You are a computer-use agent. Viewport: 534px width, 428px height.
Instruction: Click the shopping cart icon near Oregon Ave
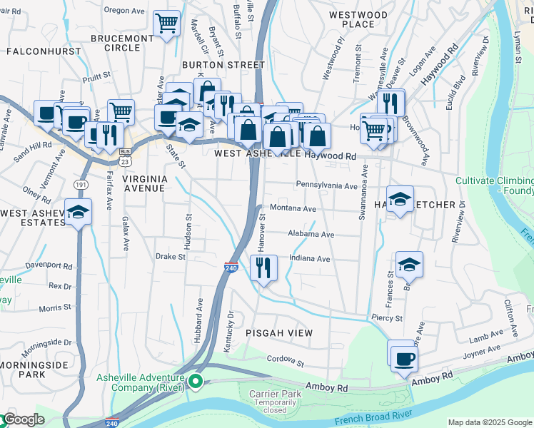(x=166, y=23)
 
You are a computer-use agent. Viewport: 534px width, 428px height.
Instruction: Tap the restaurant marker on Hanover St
(x=263, y=268)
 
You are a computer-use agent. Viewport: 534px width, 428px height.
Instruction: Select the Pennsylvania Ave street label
(x=326, y=185)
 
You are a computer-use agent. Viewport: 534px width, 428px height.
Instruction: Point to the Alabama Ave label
(x=311, y=234)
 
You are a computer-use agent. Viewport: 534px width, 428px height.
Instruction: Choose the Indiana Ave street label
(x=309, y=259)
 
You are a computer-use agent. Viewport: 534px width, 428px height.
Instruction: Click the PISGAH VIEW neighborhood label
(x=279, y=333)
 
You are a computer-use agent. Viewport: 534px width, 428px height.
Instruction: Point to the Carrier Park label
(x=272, y=394)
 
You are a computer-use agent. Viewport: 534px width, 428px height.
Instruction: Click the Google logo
(x=23, y=419)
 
